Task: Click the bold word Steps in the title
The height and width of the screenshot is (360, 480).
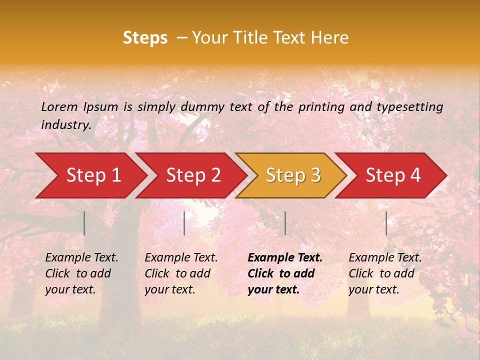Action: click(145, 38)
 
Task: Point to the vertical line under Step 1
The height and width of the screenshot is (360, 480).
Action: click(84, 223)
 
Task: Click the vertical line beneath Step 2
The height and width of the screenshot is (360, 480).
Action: click(184, 223)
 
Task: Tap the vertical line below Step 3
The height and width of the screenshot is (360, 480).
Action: click(285, 223)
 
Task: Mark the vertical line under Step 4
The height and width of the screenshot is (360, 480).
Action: click(386, 223)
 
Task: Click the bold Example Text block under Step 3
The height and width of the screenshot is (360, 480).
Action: click(285, 273)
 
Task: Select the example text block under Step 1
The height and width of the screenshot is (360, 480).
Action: click(81, 273)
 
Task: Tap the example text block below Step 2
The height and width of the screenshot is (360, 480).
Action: click(181, 273)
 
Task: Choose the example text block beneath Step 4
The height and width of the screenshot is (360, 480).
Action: click(385, 273)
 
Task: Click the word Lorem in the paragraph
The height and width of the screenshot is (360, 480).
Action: click(59, 107)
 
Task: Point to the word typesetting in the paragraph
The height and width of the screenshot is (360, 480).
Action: click(409, 107)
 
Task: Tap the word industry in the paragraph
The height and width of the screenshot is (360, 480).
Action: click(65, 124)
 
